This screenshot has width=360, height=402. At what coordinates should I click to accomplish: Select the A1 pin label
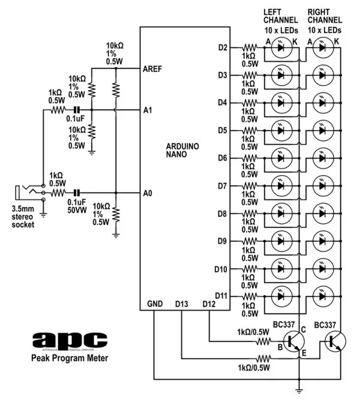149,110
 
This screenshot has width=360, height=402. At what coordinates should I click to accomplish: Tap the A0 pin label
149,193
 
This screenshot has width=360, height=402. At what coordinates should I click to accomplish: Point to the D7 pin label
221,186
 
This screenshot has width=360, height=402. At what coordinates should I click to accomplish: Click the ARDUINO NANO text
184,150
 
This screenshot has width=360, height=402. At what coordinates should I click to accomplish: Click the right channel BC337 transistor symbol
334,342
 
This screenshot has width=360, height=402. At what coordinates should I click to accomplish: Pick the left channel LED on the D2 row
280,47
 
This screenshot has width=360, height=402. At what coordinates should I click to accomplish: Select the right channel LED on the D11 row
323,296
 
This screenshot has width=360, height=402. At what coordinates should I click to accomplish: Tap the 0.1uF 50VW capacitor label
77,208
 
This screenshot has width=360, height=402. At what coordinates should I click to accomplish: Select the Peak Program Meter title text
70,359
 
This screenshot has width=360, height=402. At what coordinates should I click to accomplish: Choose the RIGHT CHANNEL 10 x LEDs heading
325,20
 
